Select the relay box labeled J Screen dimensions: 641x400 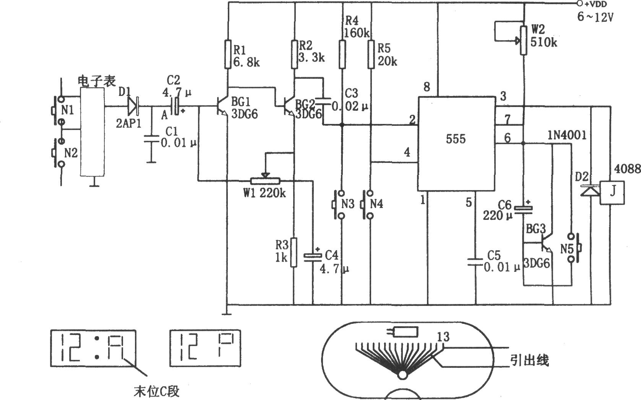pyautogui.click(x=612, y=193)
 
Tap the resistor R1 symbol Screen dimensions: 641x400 pyautogui.click(x=227, y=54)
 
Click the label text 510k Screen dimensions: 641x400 pyautogui.click(x=544, y=43)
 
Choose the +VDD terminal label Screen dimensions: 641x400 pyautogui.click(x=594, y=4)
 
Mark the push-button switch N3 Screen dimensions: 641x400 pyautogui.click(x=339, y=205)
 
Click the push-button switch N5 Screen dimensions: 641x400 pyautogui.click(x=574, y=248)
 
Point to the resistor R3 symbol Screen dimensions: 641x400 pyautogui.click(x=294, y=252)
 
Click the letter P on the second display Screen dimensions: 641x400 pyautogui.click(x=226, y=346)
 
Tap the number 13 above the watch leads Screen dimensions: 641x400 pyautogui.click(x=443, y=337)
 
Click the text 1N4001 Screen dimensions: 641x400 pyautogui.click(x=567, y=135)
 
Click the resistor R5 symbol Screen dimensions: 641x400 pyautogui.click(x=371, y=54)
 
